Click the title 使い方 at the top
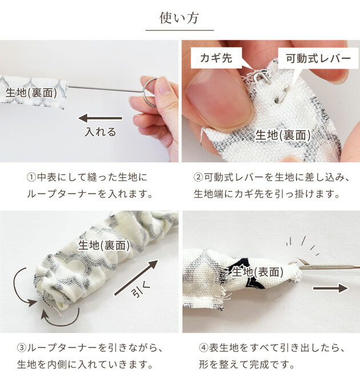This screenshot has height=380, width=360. pos(179,18)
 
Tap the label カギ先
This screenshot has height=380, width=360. pos(216,58)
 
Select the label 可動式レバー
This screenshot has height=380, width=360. pos(318,58)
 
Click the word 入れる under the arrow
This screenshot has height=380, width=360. pos(101,132)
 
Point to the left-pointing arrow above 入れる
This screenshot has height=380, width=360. pos(100,118)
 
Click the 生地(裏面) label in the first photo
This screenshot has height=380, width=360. pos(31,93)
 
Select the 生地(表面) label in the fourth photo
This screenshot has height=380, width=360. pos(258,272)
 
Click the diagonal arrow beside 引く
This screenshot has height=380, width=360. pos(136,278)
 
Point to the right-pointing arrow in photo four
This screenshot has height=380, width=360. pos(330,288)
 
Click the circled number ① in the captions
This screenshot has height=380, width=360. pos(31,177)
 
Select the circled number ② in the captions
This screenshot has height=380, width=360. pos(198,177)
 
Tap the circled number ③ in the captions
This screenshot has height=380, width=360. pos(22,348)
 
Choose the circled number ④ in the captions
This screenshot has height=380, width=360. pos(203,348)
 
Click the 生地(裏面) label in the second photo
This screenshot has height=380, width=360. pos(283,135)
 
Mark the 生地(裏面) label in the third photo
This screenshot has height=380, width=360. pos(104,246)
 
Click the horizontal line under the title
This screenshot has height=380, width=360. pos(179,30)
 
